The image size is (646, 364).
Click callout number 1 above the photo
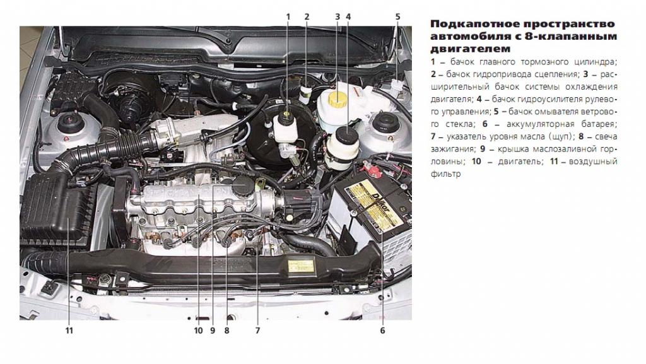288,17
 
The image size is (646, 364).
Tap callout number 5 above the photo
397,17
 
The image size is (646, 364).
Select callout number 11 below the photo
69,330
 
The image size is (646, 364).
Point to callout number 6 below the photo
382,330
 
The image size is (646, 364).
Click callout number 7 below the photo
257,330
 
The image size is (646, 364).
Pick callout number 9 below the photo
213,330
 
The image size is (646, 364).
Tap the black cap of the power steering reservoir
346,135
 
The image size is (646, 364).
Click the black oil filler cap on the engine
242,187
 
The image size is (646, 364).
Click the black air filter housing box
56,210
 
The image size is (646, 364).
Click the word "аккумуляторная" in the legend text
535,124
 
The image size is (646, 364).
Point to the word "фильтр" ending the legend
446,173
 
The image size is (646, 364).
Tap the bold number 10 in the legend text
476,161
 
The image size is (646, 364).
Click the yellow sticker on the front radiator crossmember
301,266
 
